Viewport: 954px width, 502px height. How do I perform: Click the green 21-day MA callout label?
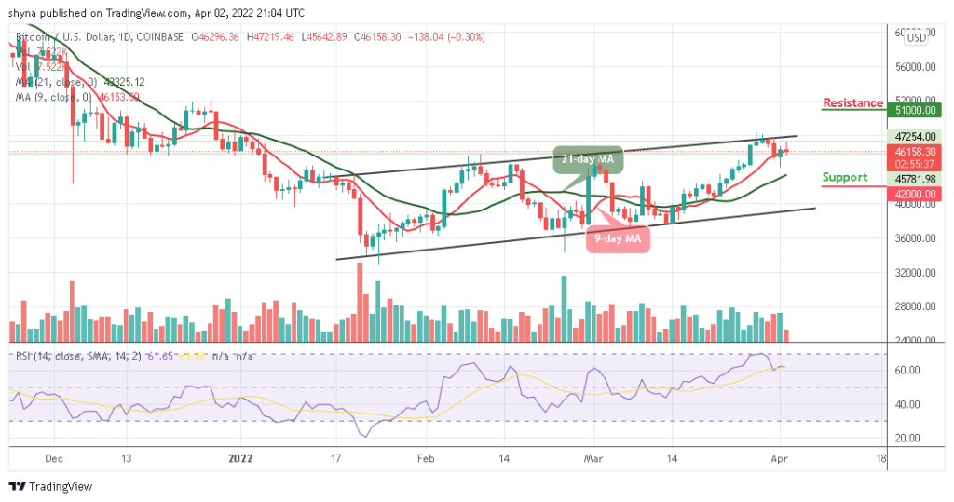[x=586, y=160]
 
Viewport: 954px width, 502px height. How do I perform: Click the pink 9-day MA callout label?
[x=618, y=238]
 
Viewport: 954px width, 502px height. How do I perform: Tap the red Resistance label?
[x=852, y=103]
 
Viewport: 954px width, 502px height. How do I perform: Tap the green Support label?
[x=844, y=178]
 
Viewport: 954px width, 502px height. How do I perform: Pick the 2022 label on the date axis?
[x=239, y=458]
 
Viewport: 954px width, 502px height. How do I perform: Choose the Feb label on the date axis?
[x=426, y=458]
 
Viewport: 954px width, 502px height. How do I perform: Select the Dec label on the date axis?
[x=53, y=458]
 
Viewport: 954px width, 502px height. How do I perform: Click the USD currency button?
[x=916, y=37]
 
